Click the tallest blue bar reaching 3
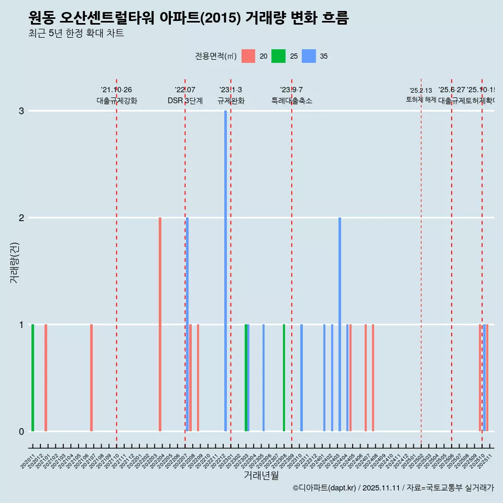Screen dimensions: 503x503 (226, 270)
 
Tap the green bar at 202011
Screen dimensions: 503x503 (32, 377)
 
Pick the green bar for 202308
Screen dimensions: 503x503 (284, 377)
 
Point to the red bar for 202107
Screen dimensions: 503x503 (91, 377)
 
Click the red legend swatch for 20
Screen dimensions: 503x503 (248, 56)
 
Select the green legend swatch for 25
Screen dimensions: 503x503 (278, 56)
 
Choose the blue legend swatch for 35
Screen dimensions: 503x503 (309, 56)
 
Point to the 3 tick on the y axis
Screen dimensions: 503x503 (21, 111)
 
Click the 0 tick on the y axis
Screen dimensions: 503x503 (21, 431)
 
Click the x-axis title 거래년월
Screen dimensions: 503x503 (261, 475)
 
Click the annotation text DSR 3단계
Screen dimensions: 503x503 (185, 101)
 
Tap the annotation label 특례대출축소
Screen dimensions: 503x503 (291, 101)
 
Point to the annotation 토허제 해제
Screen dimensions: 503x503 (421, 99)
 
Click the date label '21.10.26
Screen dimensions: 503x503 (116, 90)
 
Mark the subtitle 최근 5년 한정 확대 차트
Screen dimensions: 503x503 (76, 34)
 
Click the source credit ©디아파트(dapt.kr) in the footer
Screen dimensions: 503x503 (325, 488)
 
